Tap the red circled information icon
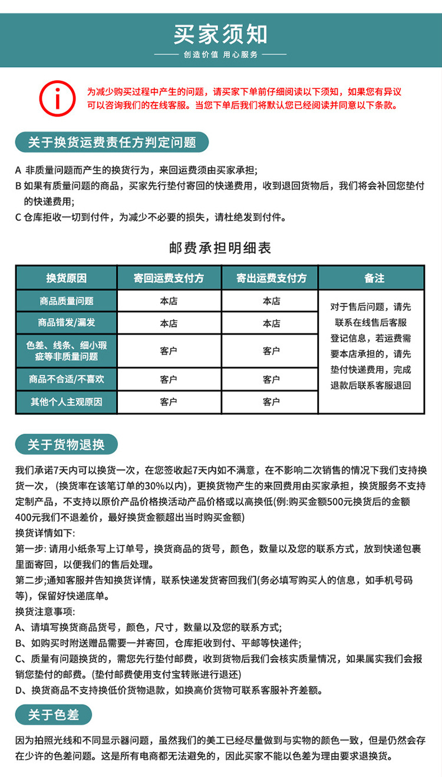[x=57, y=98]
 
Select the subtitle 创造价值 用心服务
[x=220, y=54]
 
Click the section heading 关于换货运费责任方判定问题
[x=112, y=142]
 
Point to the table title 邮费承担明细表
[x=220, y=248]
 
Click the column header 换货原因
[x=67, y=278]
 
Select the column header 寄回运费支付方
[x=169, y=278]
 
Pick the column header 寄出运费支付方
[x=271, y=278]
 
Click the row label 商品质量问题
[x=67, y=301]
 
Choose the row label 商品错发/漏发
[x=67, y=323]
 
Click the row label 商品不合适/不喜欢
[x=67, y=379]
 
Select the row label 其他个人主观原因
[x=67, y=402]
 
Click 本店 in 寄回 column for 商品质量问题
[x=169, y=301]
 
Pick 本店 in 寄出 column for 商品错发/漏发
[x=271, y=323]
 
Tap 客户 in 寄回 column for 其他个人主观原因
[x=169, y=402]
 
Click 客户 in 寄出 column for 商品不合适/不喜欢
[x=271, y=379]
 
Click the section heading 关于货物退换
[x=66, y=445]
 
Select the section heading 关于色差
[x=53, y=715]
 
